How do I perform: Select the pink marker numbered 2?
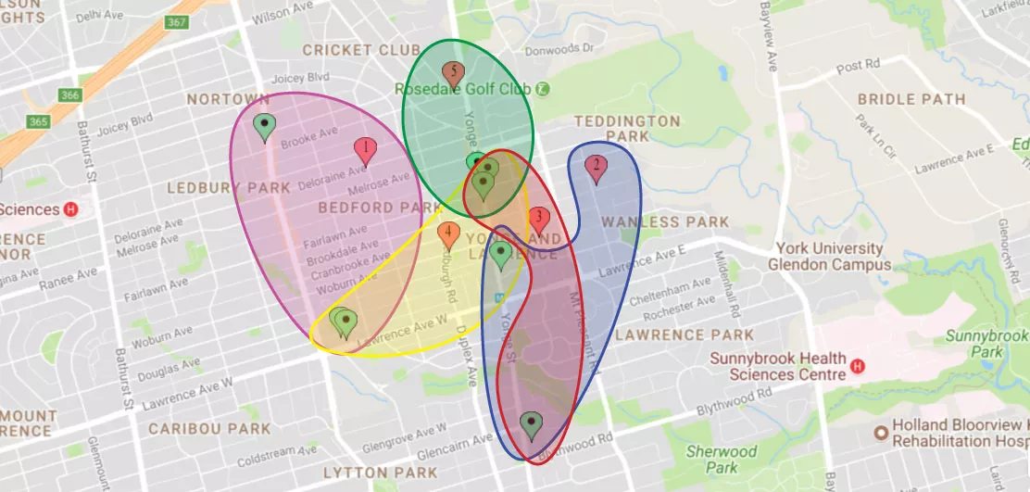(x=596, y=169)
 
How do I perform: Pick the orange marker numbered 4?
(x=448, y=234)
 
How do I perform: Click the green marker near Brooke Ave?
(x=265, y=127)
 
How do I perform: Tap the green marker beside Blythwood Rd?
(x=530, y=425)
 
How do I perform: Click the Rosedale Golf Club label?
(x=462, y=89)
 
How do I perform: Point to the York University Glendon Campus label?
(x=830, y=257)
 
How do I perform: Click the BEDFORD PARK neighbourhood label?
(x=368, y=208)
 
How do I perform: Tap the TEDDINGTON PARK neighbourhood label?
(x=627, y=129)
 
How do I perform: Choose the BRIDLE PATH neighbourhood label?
(x=911, y=99)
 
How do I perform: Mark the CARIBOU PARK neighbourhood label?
(x=209, y=429)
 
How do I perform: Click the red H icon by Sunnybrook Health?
(x=857, y=366)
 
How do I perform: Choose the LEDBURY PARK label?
(x=229, y=188)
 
